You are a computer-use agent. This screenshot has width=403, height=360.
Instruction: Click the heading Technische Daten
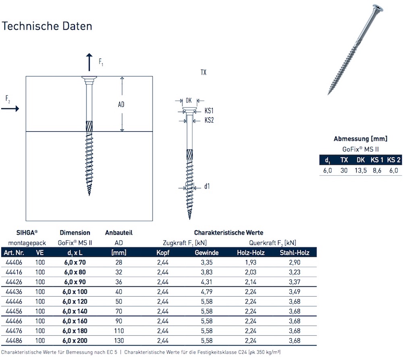click(47, 26)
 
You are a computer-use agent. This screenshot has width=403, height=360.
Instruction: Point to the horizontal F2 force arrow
click(12, 108)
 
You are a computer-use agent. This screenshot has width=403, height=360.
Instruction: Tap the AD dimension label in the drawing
click(121, 104)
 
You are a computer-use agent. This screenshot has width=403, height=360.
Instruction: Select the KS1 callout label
click(209, 110)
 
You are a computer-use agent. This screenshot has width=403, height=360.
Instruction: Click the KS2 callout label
click(209, 120)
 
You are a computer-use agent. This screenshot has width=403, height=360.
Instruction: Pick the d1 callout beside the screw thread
click(207, 186)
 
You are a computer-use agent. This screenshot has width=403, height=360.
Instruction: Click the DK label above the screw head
click(189, 100)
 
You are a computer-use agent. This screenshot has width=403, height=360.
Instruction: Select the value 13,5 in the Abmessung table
click(361, 170)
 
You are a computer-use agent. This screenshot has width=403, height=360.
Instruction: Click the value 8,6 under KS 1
click(377, 170)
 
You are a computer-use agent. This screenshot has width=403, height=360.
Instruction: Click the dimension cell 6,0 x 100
click(75, 291)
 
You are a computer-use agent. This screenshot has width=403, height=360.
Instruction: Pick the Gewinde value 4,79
click(207, 291)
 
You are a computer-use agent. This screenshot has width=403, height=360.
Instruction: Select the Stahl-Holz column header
click(295, 253)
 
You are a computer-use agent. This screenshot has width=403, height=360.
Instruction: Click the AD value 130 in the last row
click(118, 341)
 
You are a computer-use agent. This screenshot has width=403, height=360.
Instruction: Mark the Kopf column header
click(163, 253)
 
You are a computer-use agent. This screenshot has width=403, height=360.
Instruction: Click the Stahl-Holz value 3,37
click(295, 281)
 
